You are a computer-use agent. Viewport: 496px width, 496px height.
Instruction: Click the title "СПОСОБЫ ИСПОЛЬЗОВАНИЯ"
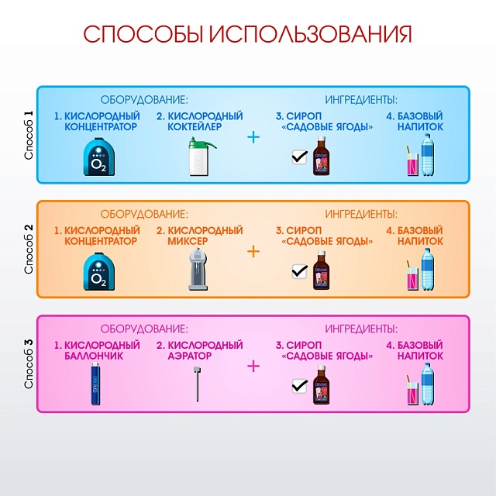tap(247, 35)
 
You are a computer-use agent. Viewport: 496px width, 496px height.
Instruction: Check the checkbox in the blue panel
tap(299, 157)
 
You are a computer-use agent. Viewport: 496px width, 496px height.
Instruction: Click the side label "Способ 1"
tap(29, 136)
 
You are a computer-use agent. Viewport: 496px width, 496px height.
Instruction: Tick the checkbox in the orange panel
tap(299, 272)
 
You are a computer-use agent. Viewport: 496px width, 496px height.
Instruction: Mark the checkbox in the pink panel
tap(299, 386)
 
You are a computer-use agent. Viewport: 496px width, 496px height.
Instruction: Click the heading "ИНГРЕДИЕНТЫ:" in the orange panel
tap(361, 214)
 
